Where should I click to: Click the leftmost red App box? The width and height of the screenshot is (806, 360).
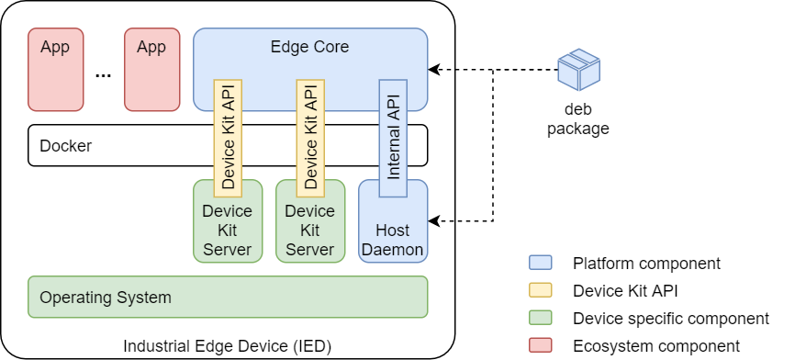tap(55, 69)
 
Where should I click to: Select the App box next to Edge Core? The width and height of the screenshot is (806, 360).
tap(151, 69)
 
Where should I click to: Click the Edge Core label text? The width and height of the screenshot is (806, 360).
tap(309, 47)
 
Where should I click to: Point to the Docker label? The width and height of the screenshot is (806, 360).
tap(65, 146)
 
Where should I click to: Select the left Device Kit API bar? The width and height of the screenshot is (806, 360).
tap(228, 138)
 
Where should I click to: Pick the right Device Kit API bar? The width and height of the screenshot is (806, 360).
tap(310, 138)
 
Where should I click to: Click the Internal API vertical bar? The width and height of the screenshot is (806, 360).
tap(393, 138)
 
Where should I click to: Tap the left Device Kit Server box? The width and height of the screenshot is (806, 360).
tap(227, 230)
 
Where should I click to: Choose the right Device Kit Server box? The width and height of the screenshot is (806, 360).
tap(309, 230)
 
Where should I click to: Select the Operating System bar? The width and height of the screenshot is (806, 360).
tap(228, 297)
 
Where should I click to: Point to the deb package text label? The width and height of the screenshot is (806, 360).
tap(578, 118)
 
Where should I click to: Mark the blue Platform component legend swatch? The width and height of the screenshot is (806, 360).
tap(541, 264)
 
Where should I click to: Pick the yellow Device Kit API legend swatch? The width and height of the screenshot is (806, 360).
tap(541, 291)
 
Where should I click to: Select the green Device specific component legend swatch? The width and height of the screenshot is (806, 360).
tap(541, 319)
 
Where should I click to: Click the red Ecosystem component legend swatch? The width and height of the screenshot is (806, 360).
tap(541, 346)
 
